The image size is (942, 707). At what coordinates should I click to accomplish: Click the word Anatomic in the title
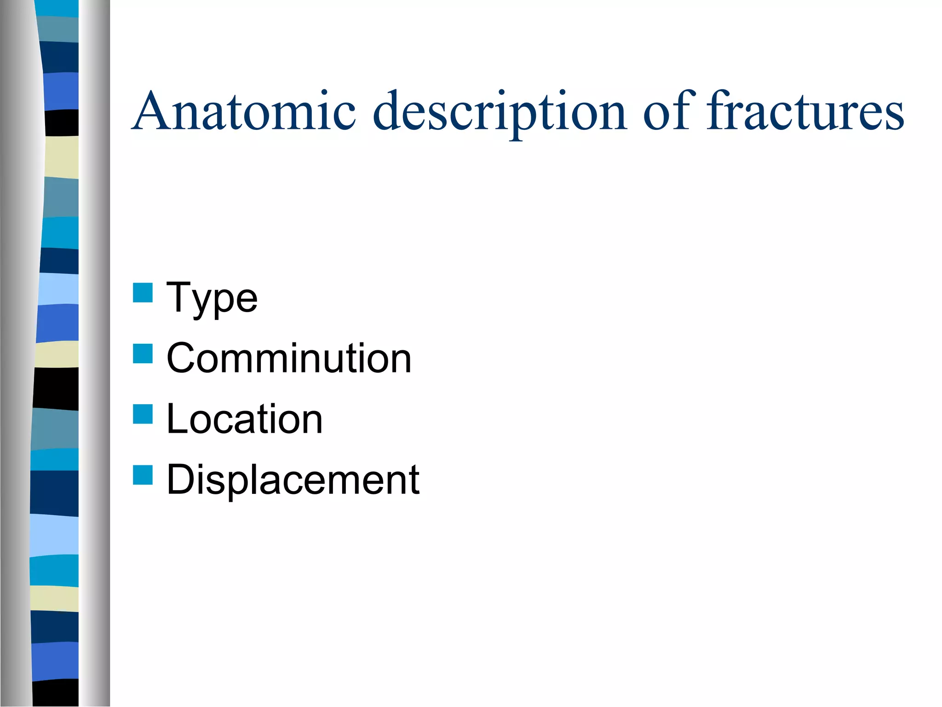244,111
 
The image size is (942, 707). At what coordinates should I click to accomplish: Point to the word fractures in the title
805,111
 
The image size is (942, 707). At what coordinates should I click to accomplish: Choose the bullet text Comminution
289,359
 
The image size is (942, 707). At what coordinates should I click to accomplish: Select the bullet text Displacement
293,480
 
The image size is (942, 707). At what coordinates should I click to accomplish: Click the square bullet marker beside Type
143,293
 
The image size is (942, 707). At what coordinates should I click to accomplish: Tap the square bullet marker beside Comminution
143,353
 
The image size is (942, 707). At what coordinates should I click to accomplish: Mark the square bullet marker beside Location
143,414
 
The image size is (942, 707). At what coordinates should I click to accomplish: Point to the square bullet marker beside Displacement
143,475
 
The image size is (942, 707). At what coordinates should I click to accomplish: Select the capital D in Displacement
181,480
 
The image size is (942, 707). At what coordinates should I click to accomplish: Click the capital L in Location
178,419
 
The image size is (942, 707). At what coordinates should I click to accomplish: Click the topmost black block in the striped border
62,122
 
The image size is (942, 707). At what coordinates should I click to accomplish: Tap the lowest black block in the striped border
56,692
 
